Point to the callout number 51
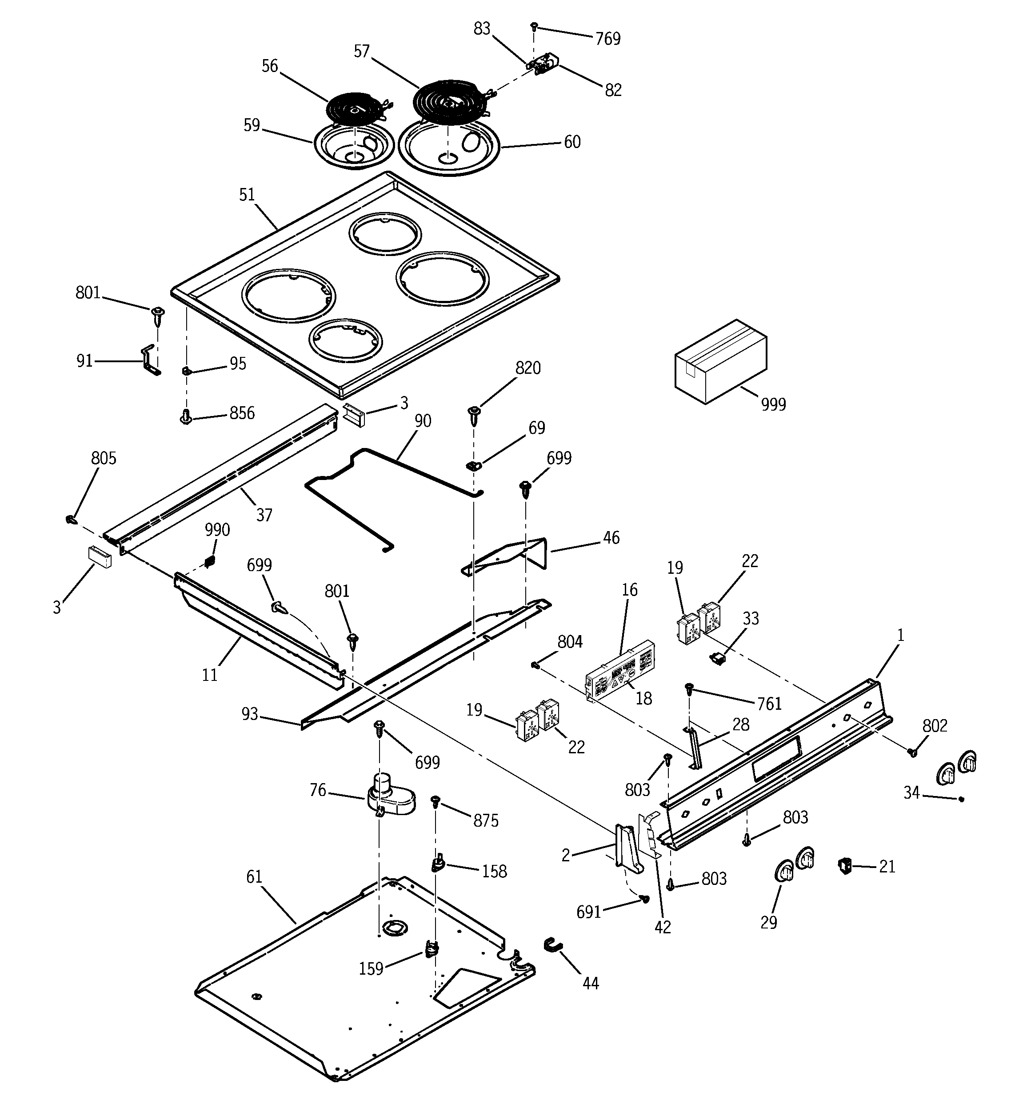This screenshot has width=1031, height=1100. click(x=247, y=195)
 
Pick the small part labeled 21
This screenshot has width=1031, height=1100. click(x=844, y=865)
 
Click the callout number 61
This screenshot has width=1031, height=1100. click(x=254, y=877)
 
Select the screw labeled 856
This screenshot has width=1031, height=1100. click(x=187, y=416)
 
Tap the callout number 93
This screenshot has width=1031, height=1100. click(x=250, y=714)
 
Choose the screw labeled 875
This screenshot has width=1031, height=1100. click(x=436, y=802)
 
